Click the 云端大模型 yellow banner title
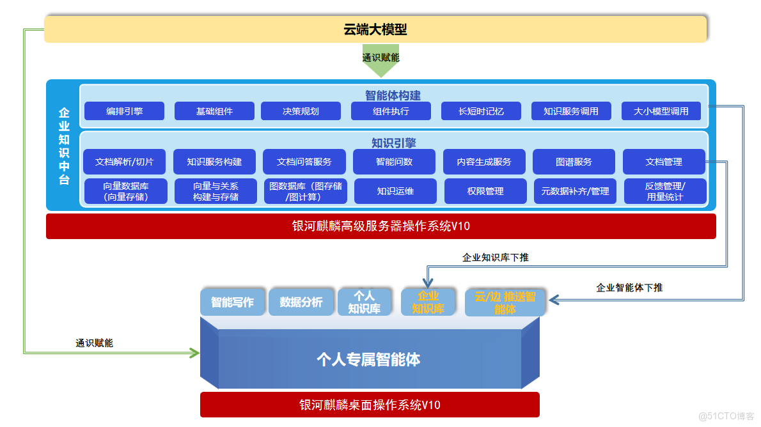[x=375, y=29]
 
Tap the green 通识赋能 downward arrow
[x=380, y=59]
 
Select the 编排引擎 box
[x=125, y=111]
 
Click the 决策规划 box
[x=301, y=111]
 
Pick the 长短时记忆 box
[x=481, y=111]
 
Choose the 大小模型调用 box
[x=661, y=111]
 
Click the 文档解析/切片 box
[x=125, y=162]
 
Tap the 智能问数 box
[x=395, y=162]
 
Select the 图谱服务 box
[x=574, y=162]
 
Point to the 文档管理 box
[x=664, y=162]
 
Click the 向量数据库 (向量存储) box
[x=125, y=191]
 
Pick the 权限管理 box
[x=485, y=191]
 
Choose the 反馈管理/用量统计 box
[x=665, y=191]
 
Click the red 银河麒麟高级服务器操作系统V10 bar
[x=380, y=226]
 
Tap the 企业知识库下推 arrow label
[x=495, y=258]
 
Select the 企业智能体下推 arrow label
[x=629, y=288]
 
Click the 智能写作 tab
[x=232, y=302]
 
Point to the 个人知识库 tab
[x=364, y=302]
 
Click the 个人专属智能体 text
[x=368, y=359]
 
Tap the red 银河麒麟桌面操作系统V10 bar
[x=370, y=405]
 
